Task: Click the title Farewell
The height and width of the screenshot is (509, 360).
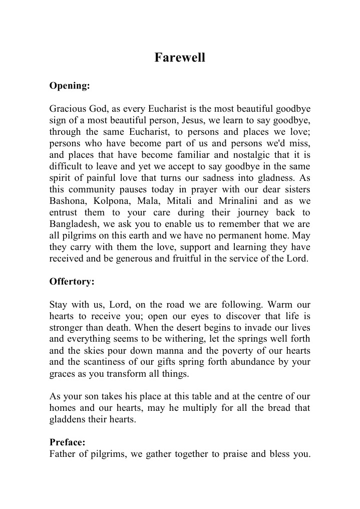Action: tap(180, 58)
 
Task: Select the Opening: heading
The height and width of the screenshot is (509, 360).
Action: tap(70, 86)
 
